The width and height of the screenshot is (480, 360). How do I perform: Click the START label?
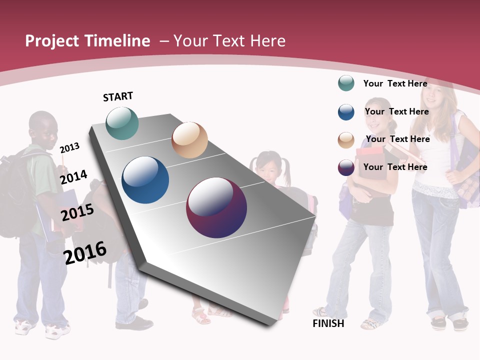coord(118,96)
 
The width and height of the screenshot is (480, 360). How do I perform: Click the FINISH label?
coord(328,323)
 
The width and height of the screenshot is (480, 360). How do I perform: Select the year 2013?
coord(69,147)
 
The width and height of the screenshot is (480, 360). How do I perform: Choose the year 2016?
coord(85,253)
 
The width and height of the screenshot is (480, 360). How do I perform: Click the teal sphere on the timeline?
coord(122,123)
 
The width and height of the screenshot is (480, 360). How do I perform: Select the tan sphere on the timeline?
coord(189,140)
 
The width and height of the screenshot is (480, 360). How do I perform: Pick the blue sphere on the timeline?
coord(145,180)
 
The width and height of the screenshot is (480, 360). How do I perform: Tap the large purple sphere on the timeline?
coord(216,207)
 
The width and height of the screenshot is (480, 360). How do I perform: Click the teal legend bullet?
coord(346,83)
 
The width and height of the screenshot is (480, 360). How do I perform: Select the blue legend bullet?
coord(346,112)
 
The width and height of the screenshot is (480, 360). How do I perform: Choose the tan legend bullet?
coord(346,140)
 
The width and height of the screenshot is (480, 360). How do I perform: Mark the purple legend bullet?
coord(346,167)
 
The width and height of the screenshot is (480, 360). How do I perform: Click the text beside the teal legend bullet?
coord(395,83)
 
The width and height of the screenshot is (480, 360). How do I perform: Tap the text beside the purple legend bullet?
coord(395,167)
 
